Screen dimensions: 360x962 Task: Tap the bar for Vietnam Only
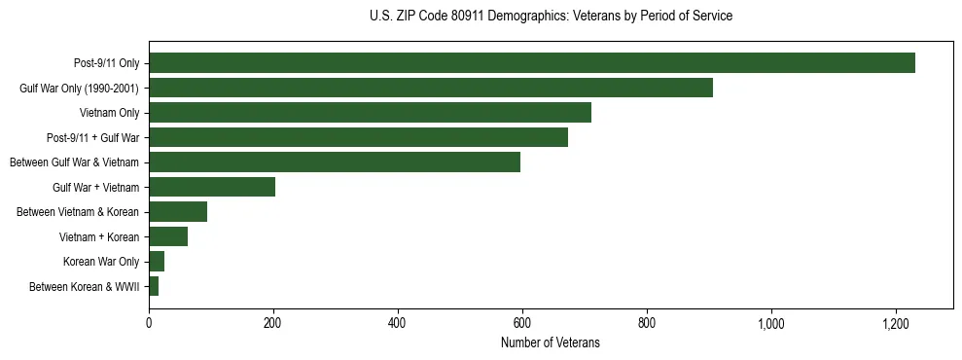[x=370, y=113]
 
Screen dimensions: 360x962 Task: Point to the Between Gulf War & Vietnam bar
[x=335, y=162]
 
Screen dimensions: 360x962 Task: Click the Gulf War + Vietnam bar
[x=212, y=187]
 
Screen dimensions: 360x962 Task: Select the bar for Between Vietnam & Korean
[x=178, y=212]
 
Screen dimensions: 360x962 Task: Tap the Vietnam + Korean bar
[x=168, y=236]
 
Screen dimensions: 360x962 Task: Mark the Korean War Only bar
[x=157, y=262]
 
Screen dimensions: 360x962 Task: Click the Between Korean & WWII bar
[x=154, y=286]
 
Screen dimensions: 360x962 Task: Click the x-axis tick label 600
[x=522, y=323]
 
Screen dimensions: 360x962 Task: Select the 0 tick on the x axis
[x=149, y=323]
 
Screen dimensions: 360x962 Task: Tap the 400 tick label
[x=398, y=323]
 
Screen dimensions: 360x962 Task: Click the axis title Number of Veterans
[x=550, y=343]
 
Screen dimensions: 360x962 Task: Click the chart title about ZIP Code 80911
[x=551, y=17]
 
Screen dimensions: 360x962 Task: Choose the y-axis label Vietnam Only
[x=110, y=113]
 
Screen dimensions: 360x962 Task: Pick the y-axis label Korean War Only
[x=101, y=262]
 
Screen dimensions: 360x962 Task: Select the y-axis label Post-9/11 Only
[x=107, y=63]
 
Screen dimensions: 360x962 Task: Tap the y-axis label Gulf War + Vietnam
[x=95, y=187]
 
